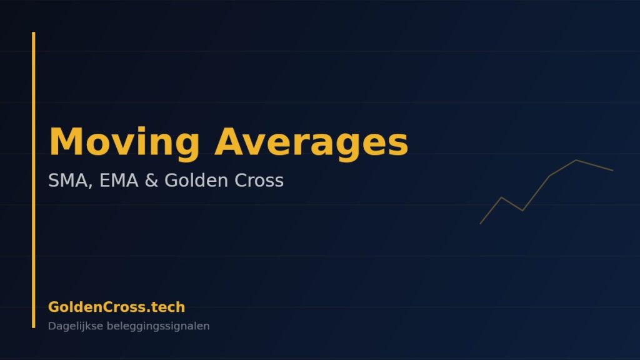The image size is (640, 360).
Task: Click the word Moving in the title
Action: pos(124,142)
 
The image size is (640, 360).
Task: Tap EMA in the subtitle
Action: pos(119,180)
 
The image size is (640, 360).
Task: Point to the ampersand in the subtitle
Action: pos(151,180)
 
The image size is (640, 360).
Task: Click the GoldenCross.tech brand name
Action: pos(116,307)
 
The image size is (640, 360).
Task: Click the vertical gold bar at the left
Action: pos(34,179)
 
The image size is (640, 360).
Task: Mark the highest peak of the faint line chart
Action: pos(576,160)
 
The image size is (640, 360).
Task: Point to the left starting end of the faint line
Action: pos(481,223)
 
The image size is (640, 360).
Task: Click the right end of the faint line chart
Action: pos(612,170)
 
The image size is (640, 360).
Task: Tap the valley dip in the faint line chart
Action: pos(522,211)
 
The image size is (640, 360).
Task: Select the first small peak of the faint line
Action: pos(502,197)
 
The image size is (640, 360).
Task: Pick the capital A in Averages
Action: pos(229,141)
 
